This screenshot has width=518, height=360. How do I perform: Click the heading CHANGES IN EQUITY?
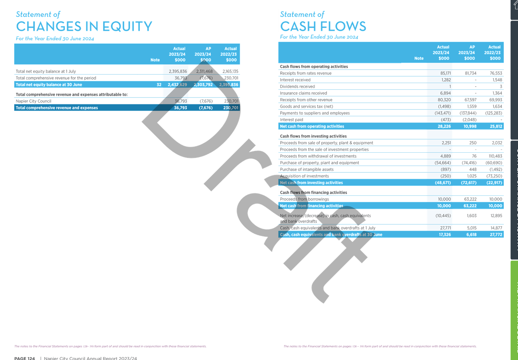(x=84, y=26)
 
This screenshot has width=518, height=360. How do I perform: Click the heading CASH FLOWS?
(x=323, y=26)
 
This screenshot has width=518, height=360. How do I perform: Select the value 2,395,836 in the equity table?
(x=178, y=71)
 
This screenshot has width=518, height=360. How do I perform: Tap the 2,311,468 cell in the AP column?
(x=204, y=71)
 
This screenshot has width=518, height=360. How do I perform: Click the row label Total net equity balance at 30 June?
(x=49, y=85)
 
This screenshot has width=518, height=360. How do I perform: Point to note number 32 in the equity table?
(x=159, y=85)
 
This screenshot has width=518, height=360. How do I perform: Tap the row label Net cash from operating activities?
(x=312, y=126)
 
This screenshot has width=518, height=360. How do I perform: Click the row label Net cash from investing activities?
(x=311, y=183)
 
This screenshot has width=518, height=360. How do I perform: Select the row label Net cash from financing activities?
(x=311, y=206)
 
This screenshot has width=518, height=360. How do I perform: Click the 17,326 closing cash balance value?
(x=444, y=235)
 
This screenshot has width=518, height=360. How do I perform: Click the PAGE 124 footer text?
(x=24, y=358)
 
